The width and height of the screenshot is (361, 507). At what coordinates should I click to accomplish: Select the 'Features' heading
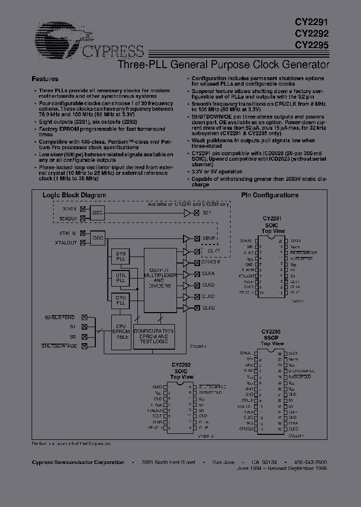point(45,79)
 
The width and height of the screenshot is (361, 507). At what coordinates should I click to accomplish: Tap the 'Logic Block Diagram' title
point(74,195)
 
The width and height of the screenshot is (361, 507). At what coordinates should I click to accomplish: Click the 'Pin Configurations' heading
point(269,195)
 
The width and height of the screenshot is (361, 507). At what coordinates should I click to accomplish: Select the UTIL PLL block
point(120,279)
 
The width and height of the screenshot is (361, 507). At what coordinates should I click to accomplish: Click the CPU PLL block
point(120,301)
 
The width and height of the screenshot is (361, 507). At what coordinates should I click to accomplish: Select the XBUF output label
point(209,239)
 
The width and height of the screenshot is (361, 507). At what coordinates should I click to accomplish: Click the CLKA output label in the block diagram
point(209,274)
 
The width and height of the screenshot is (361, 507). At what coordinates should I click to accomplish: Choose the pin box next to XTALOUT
point(84,242)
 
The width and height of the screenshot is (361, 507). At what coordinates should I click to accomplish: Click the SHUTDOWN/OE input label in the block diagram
point(59,346)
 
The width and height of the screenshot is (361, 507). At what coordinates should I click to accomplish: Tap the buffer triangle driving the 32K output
point(188,213)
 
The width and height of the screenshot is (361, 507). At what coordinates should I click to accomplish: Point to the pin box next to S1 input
point(84,327)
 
